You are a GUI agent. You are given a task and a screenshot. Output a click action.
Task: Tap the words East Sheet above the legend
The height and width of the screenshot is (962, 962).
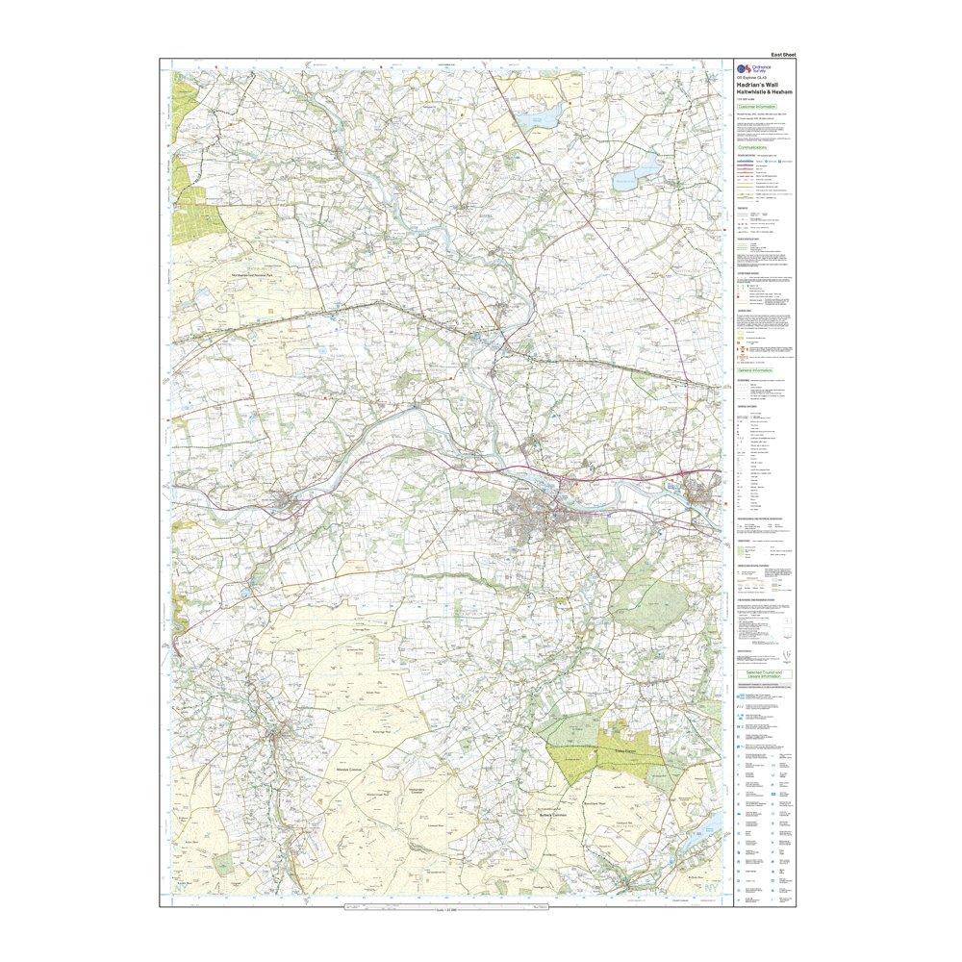point(784,56)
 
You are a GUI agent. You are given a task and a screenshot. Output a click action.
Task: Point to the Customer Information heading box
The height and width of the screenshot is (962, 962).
point(756,107)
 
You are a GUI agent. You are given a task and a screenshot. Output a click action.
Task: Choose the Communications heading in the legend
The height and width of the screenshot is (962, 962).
point(756,147)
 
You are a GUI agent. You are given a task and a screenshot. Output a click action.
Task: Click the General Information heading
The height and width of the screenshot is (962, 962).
point(756,369)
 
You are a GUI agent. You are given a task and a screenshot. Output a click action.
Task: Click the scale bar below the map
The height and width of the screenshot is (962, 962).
point(443,907)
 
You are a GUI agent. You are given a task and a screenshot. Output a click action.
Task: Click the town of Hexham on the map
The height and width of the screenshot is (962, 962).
point(534,524)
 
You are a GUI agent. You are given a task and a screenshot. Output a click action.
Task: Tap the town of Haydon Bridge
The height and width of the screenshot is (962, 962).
point(286,501)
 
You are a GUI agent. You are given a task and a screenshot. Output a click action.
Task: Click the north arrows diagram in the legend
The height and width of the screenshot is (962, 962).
point(787,654)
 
